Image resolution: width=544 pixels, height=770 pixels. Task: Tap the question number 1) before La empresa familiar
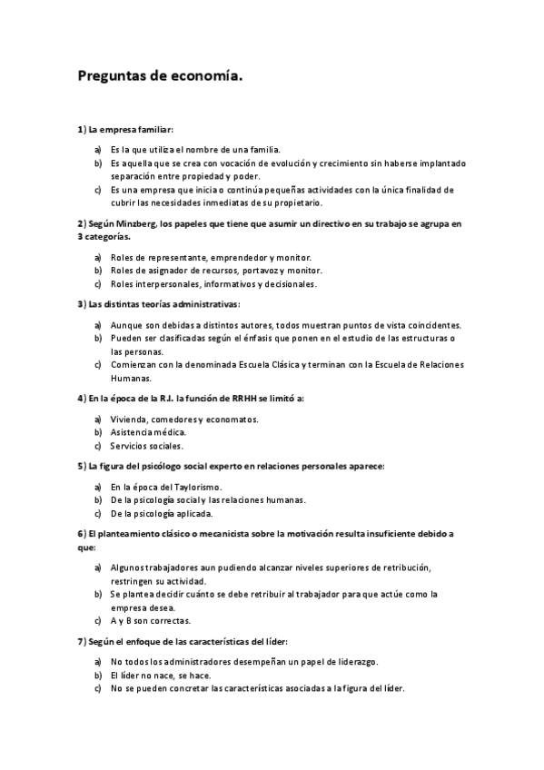[81, 130]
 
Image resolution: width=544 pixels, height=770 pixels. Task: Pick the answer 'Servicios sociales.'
[147, 446]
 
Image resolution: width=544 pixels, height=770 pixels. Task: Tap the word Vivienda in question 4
[128, 420]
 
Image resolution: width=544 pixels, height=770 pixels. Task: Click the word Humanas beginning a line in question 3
[131, 378]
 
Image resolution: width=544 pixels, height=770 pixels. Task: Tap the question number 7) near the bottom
[81, 642]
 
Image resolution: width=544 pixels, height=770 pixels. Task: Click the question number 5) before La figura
[81, 466]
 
